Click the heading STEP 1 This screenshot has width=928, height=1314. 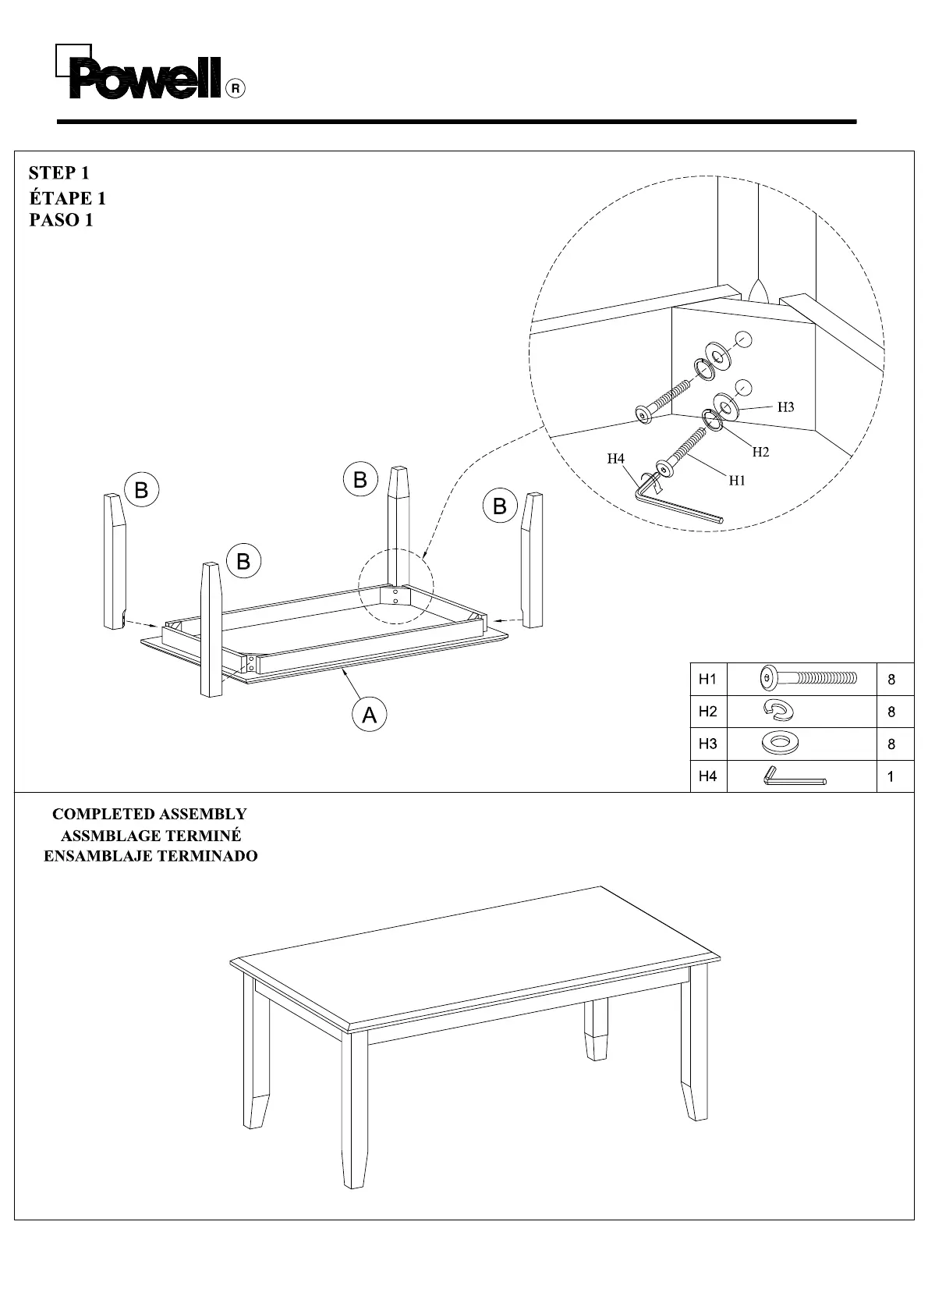click(x=58, y=172)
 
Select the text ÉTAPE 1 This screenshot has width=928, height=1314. click(x=67, y=197)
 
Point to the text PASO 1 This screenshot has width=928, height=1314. click(x=61, y=220)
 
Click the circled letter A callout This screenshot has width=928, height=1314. click(x=369, y=714)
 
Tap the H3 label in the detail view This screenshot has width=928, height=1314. click(x=785, y=407)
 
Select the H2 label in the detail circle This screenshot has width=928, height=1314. click(x=760, y=452)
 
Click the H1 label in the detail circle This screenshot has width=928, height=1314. click(x=737, y=481)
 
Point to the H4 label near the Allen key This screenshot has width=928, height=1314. click(x=616, y=459)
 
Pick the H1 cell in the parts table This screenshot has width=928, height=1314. click(x=707, y=680)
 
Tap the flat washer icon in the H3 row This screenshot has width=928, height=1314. click(x=780, y=743)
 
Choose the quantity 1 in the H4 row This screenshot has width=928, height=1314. click(x=891, y=777)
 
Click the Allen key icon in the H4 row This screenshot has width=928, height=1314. click(x=794, y=777)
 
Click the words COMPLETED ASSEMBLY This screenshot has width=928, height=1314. click(x=149, y=814)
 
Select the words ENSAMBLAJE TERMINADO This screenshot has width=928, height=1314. click(x=151, y=856)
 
